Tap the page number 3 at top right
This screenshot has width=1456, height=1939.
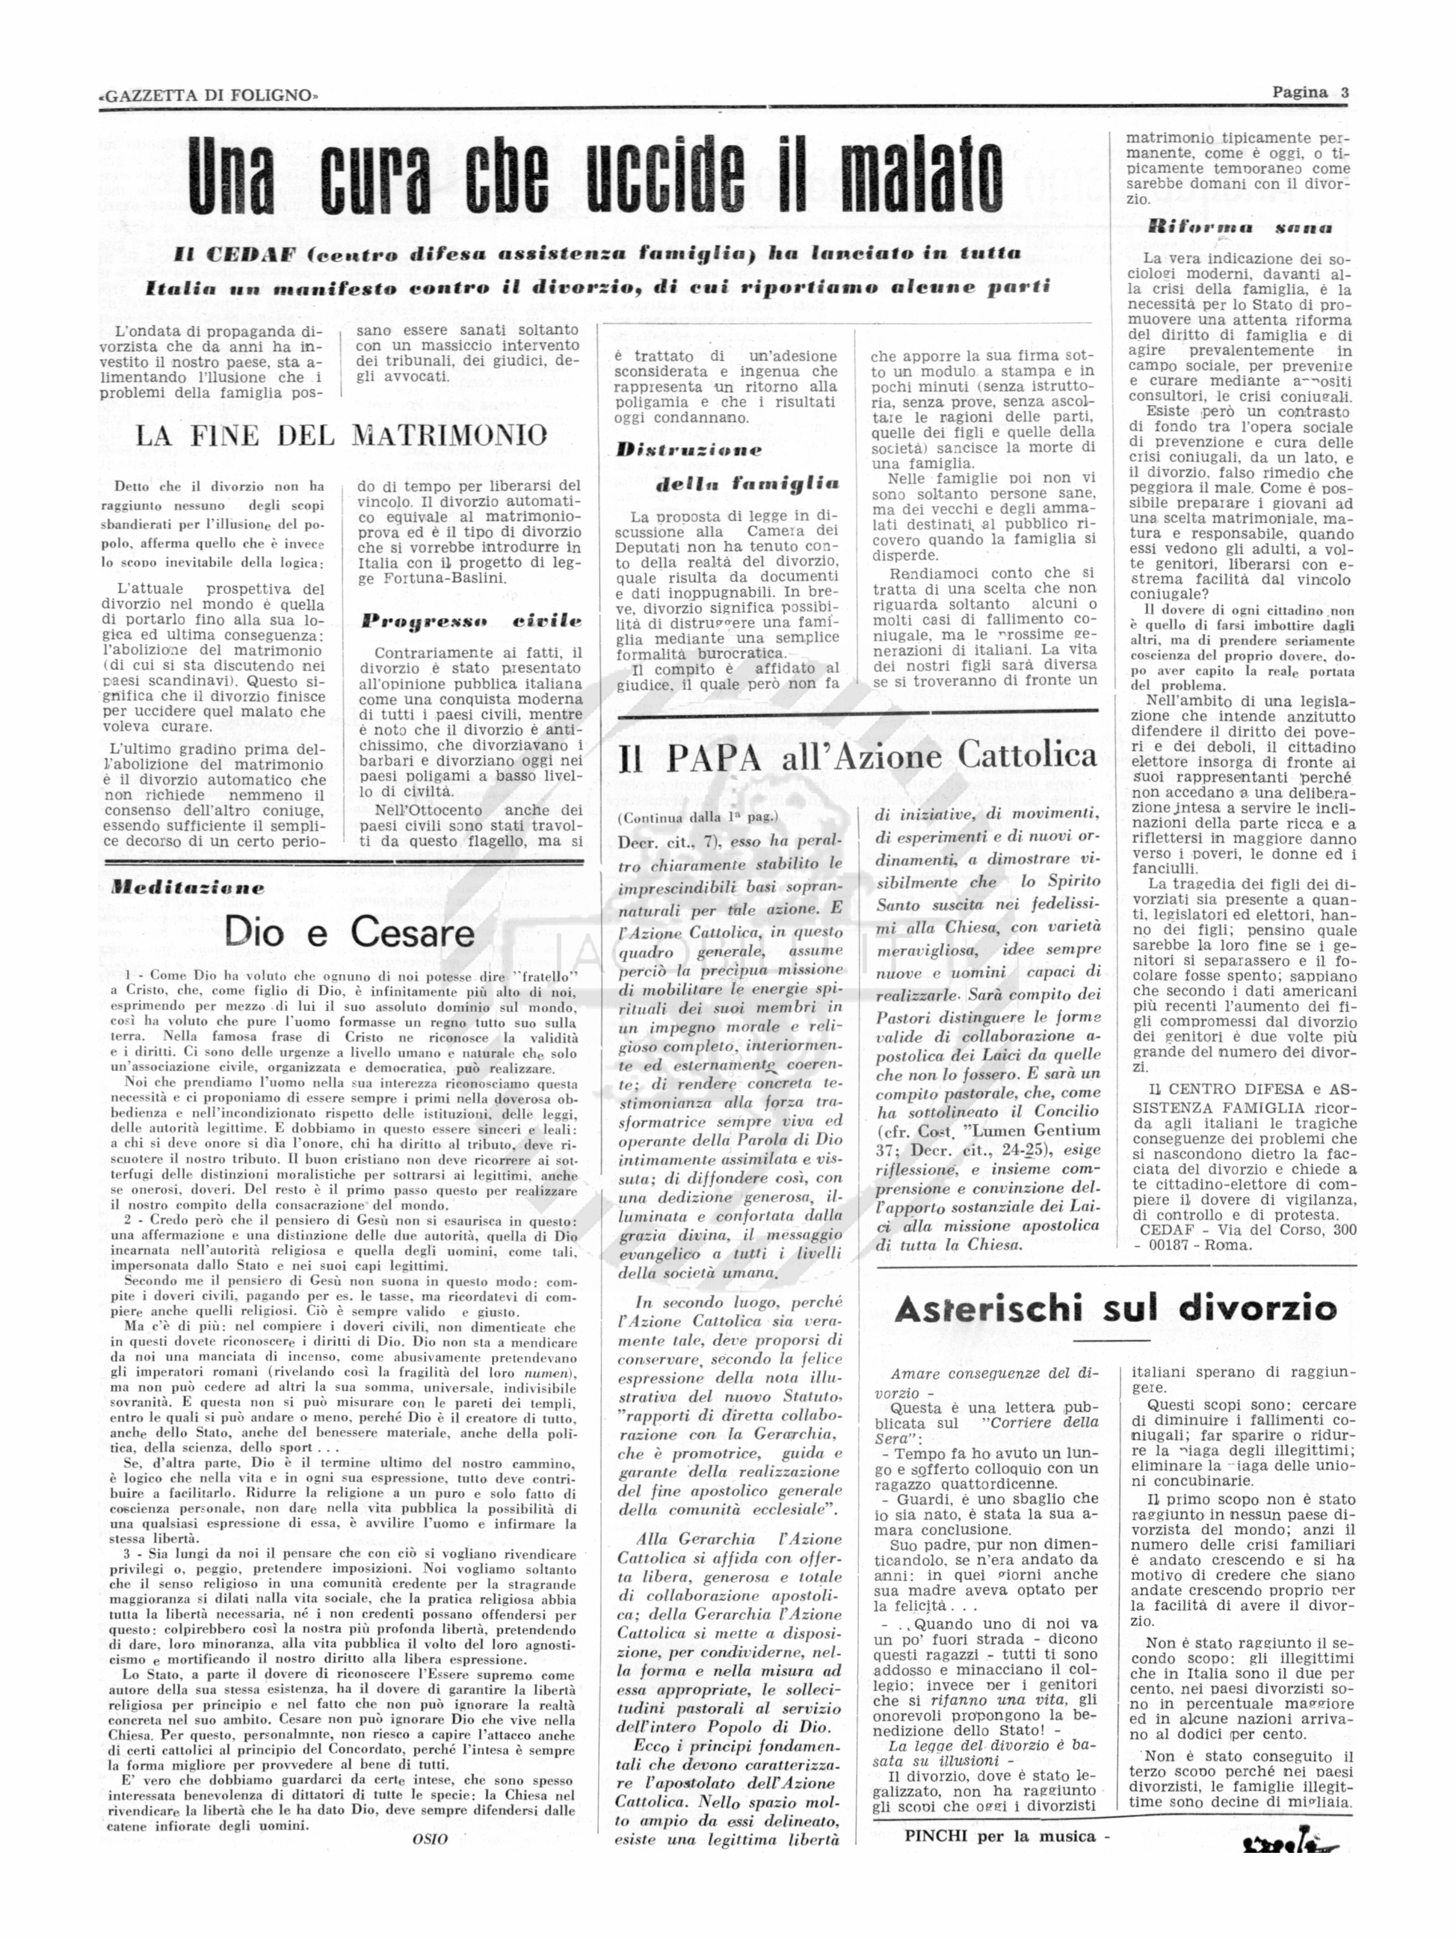click(1344, 93)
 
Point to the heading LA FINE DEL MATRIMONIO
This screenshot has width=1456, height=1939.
click(341, 436)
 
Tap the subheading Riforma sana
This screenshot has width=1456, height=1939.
click(1239, 227)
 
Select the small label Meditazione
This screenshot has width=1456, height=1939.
click(187, 886)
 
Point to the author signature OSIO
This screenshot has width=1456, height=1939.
click(430, 1838)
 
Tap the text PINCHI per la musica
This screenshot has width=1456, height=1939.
click(1005, 1835)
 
